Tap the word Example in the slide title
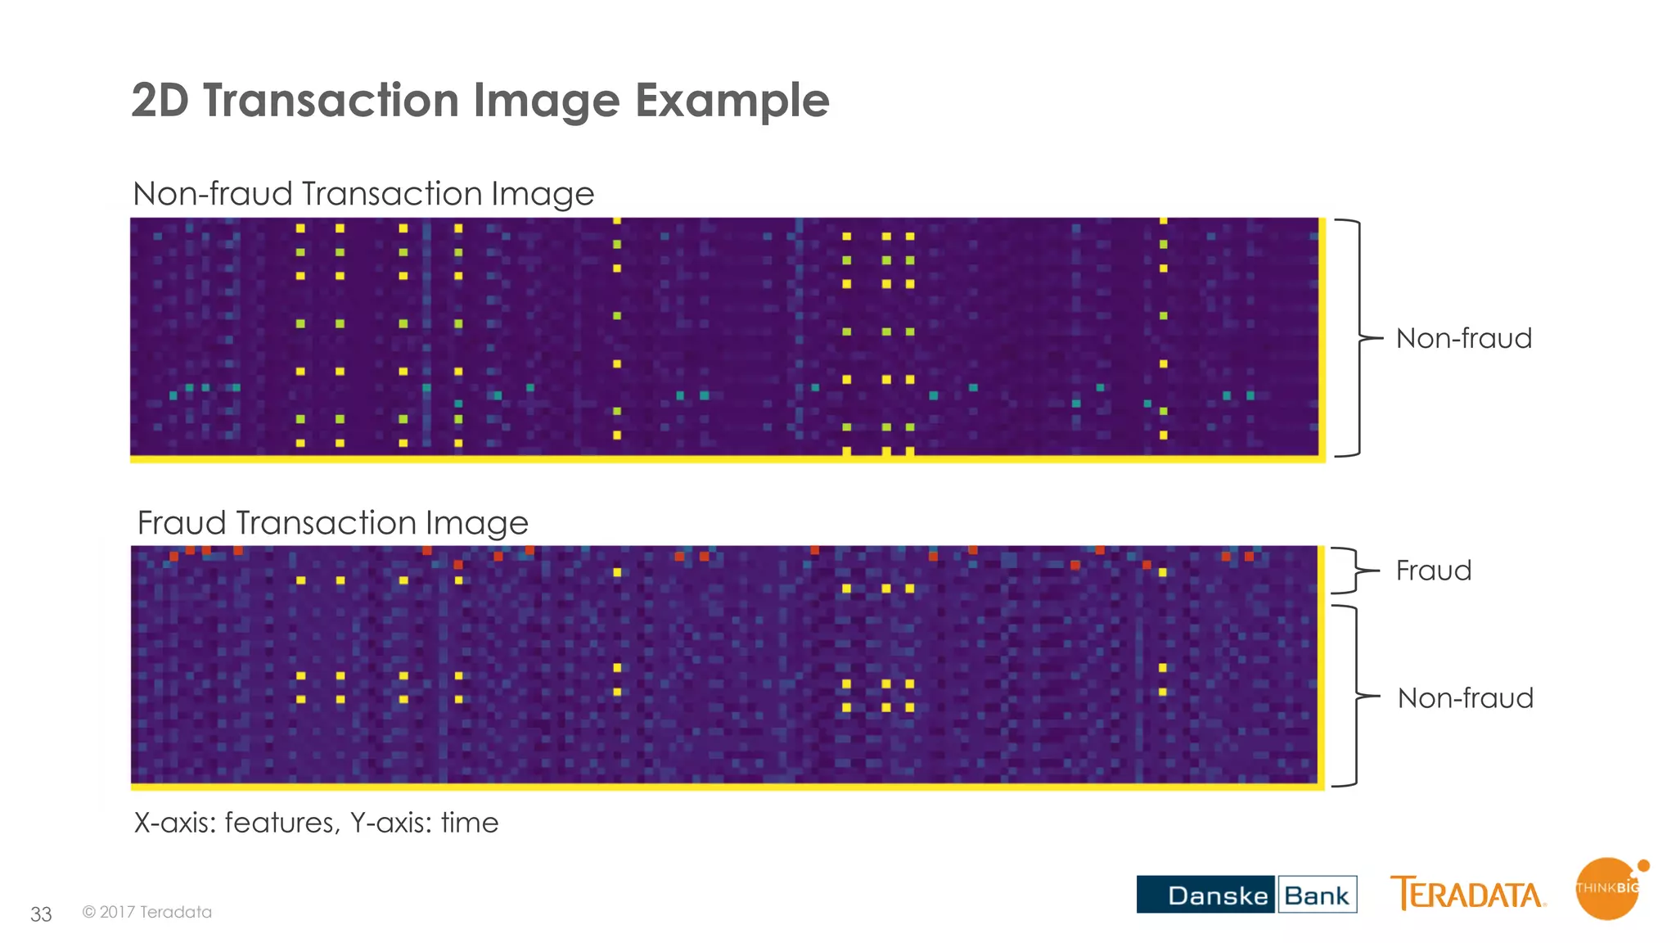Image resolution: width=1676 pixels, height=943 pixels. point(732,102)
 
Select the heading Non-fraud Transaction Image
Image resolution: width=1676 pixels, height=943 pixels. point(363,194)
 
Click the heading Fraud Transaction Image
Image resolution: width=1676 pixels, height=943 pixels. point(332,523)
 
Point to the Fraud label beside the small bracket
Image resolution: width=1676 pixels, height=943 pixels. point(1433,571)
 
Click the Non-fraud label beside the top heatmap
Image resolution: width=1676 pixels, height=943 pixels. point(1463,338)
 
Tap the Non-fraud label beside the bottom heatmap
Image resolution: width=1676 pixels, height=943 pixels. point(1465,698)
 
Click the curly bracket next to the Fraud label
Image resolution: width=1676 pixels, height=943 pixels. point(1355,570)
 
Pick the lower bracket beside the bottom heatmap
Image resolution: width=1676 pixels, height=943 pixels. point(1355,697)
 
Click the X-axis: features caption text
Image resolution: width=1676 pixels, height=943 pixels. point(237,823)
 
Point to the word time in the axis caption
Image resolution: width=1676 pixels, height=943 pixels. point(469,823)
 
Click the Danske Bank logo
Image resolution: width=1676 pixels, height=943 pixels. point(1246,894)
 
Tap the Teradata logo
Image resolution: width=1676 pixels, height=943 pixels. point(1467,893)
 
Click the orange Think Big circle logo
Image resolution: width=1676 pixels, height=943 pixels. point(1608,889)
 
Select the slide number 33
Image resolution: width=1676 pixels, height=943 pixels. point(41,914)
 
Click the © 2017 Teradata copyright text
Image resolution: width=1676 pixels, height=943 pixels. point(147,912)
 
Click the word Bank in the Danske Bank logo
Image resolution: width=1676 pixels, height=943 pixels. point(1316,895)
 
